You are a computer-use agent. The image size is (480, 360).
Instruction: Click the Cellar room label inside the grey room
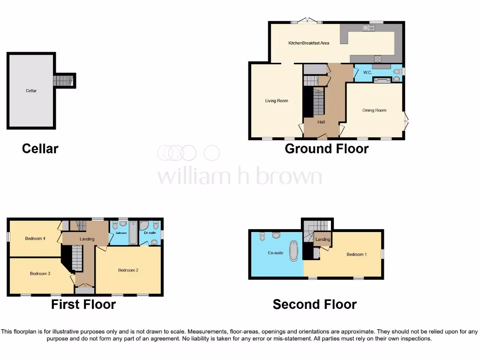point(31,90)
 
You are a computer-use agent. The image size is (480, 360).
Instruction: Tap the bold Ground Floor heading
point(327,149)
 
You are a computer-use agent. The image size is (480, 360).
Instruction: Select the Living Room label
point(277,101)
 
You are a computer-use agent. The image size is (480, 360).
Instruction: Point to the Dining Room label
point(375,111)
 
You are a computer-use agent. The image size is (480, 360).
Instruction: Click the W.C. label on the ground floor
point(367,73)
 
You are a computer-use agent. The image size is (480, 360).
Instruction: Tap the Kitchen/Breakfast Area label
point(308,43)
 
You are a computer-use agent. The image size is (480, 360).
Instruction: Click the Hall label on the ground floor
point(321,122)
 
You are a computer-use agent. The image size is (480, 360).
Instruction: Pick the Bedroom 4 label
point(35,239)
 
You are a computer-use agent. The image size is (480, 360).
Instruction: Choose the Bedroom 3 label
point(40,273)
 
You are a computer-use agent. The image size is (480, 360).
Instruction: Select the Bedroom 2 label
point(128,270)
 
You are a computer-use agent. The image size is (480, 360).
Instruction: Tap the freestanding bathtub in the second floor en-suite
point(294,251)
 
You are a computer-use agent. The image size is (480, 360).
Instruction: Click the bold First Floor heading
point(83,305)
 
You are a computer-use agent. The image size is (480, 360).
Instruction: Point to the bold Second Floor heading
point(315,305)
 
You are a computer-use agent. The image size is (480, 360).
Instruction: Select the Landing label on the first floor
point(87,239)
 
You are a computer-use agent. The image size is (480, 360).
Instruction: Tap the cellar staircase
point(63,81)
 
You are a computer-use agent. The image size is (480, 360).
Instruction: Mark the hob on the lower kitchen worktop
point(377,59)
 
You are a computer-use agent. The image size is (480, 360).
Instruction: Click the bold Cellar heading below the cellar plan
point(40,149)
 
